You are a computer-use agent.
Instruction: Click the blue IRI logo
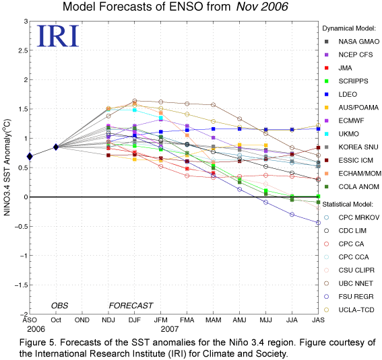point(58,36)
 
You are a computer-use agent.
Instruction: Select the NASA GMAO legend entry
point(352,42)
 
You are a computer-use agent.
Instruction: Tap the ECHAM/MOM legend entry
point(353,174)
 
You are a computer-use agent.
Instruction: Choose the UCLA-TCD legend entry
point(349,310)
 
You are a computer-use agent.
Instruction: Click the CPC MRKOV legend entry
point(352,217)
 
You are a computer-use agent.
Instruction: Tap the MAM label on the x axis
point(214,320)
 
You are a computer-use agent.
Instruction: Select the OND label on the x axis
point(82,320)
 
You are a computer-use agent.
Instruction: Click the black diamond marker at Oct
point(56,147)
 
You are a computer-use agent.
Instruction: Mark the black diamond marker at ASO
point(30,156)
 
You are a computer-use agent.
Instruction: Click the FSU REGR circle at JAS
point(318,223)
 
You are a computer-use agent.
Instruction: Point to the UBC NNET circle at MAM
point(214,105)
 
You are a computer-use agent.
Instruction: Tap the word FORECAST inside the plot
point(131,305)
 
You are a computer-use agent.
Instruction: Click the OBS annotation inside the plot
point(60,305)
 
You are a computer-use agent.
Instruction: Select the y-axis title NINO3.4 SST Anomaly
point(7,167)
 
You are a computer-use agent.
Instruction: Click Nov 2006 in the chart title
point(262,7)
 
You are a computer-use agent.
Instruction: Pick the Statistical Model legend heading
point(348,205)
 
